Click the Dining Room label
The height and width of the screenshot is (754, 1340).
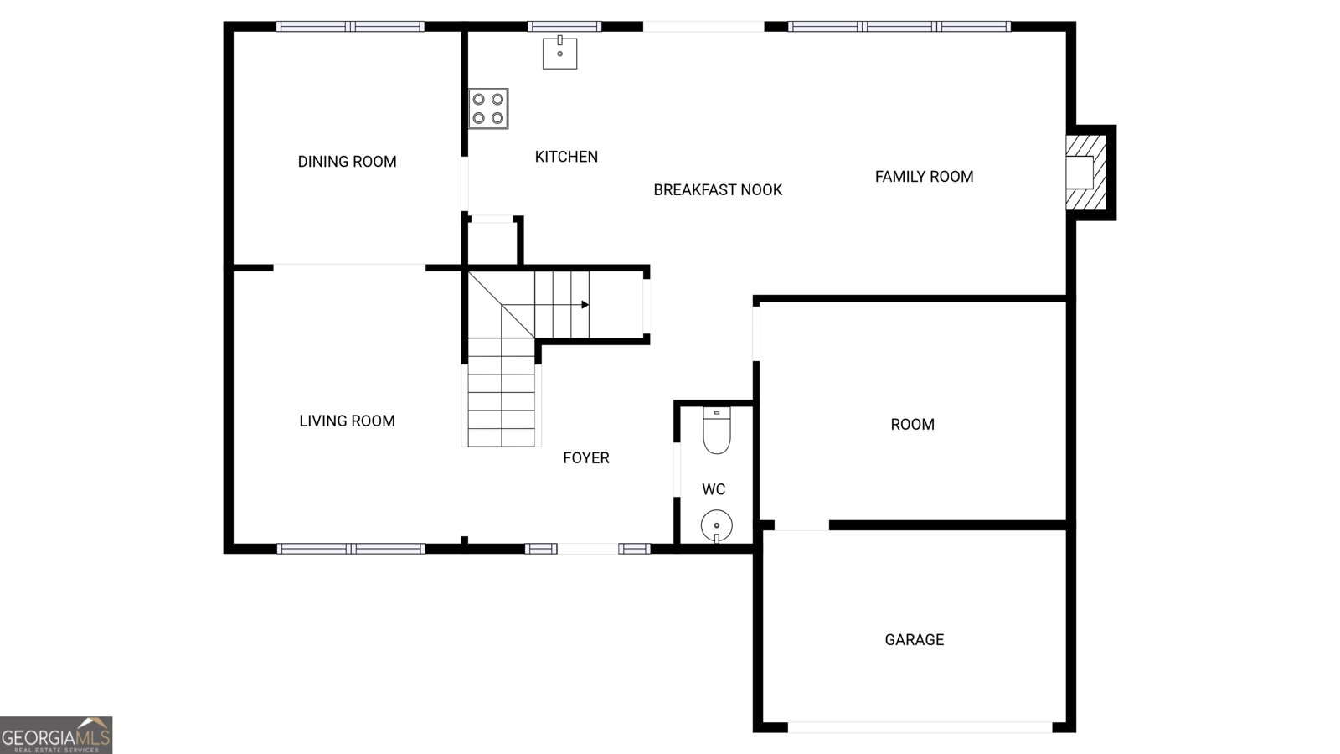347,162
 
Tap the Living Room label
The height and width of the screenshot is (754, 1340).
347,421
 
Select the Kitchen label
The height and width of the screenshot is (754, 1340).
566,157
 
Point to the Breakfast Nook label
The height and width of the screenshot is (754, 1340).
718,190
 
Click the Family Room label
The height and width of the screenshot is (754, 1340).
925,177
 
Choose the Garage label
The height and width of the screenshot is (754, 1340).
914,640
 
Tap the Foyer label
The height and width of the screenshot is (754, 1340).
586,457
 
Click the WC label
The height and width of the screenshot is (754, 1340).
714,489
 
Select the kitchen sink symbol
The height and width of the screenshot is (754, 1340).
560,53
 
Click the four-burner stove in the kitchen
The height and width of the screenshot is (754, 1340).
488,109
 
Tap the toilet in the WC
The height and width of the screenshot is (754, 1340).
717,431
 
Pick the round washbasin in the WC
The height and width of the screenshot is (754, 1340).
717,526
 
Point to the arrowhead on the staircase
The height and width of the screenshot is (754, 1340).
585,305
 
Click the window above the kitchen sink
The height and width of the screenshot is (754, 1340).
564,26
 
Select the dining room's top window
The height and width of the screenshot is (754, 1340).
350,26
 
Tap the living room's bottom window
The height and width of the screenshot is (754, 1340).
351,549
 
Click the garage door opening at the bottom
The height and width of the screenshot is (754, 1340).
920,727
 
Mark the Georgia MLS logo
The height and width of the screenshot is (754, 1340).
55,736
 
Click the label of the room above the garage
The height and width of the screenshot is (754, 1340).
912,425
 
